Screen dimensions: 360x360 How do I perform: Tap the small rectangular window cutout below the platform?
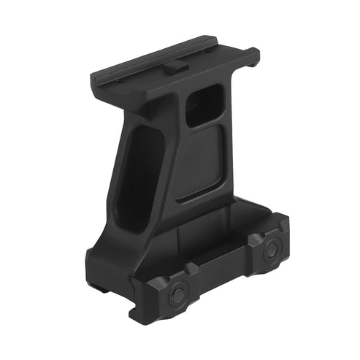coord(204,104)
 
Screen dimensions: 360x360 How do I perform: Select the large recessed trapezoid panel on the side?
coord(199,163)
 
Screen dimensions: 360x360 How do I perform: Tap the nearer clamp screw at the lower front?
coord(177,295)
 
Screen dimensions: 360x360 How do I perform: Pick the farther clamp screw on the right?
coord(271,249)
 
